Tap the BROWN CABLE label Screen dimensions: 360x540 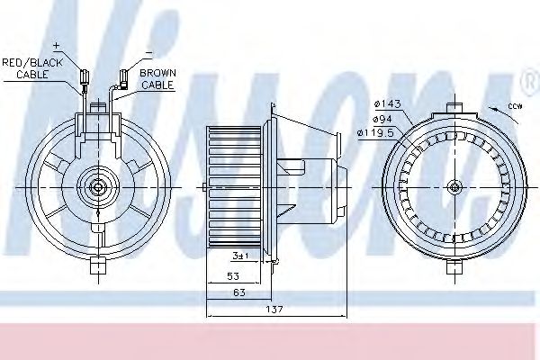pos(156,78)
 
